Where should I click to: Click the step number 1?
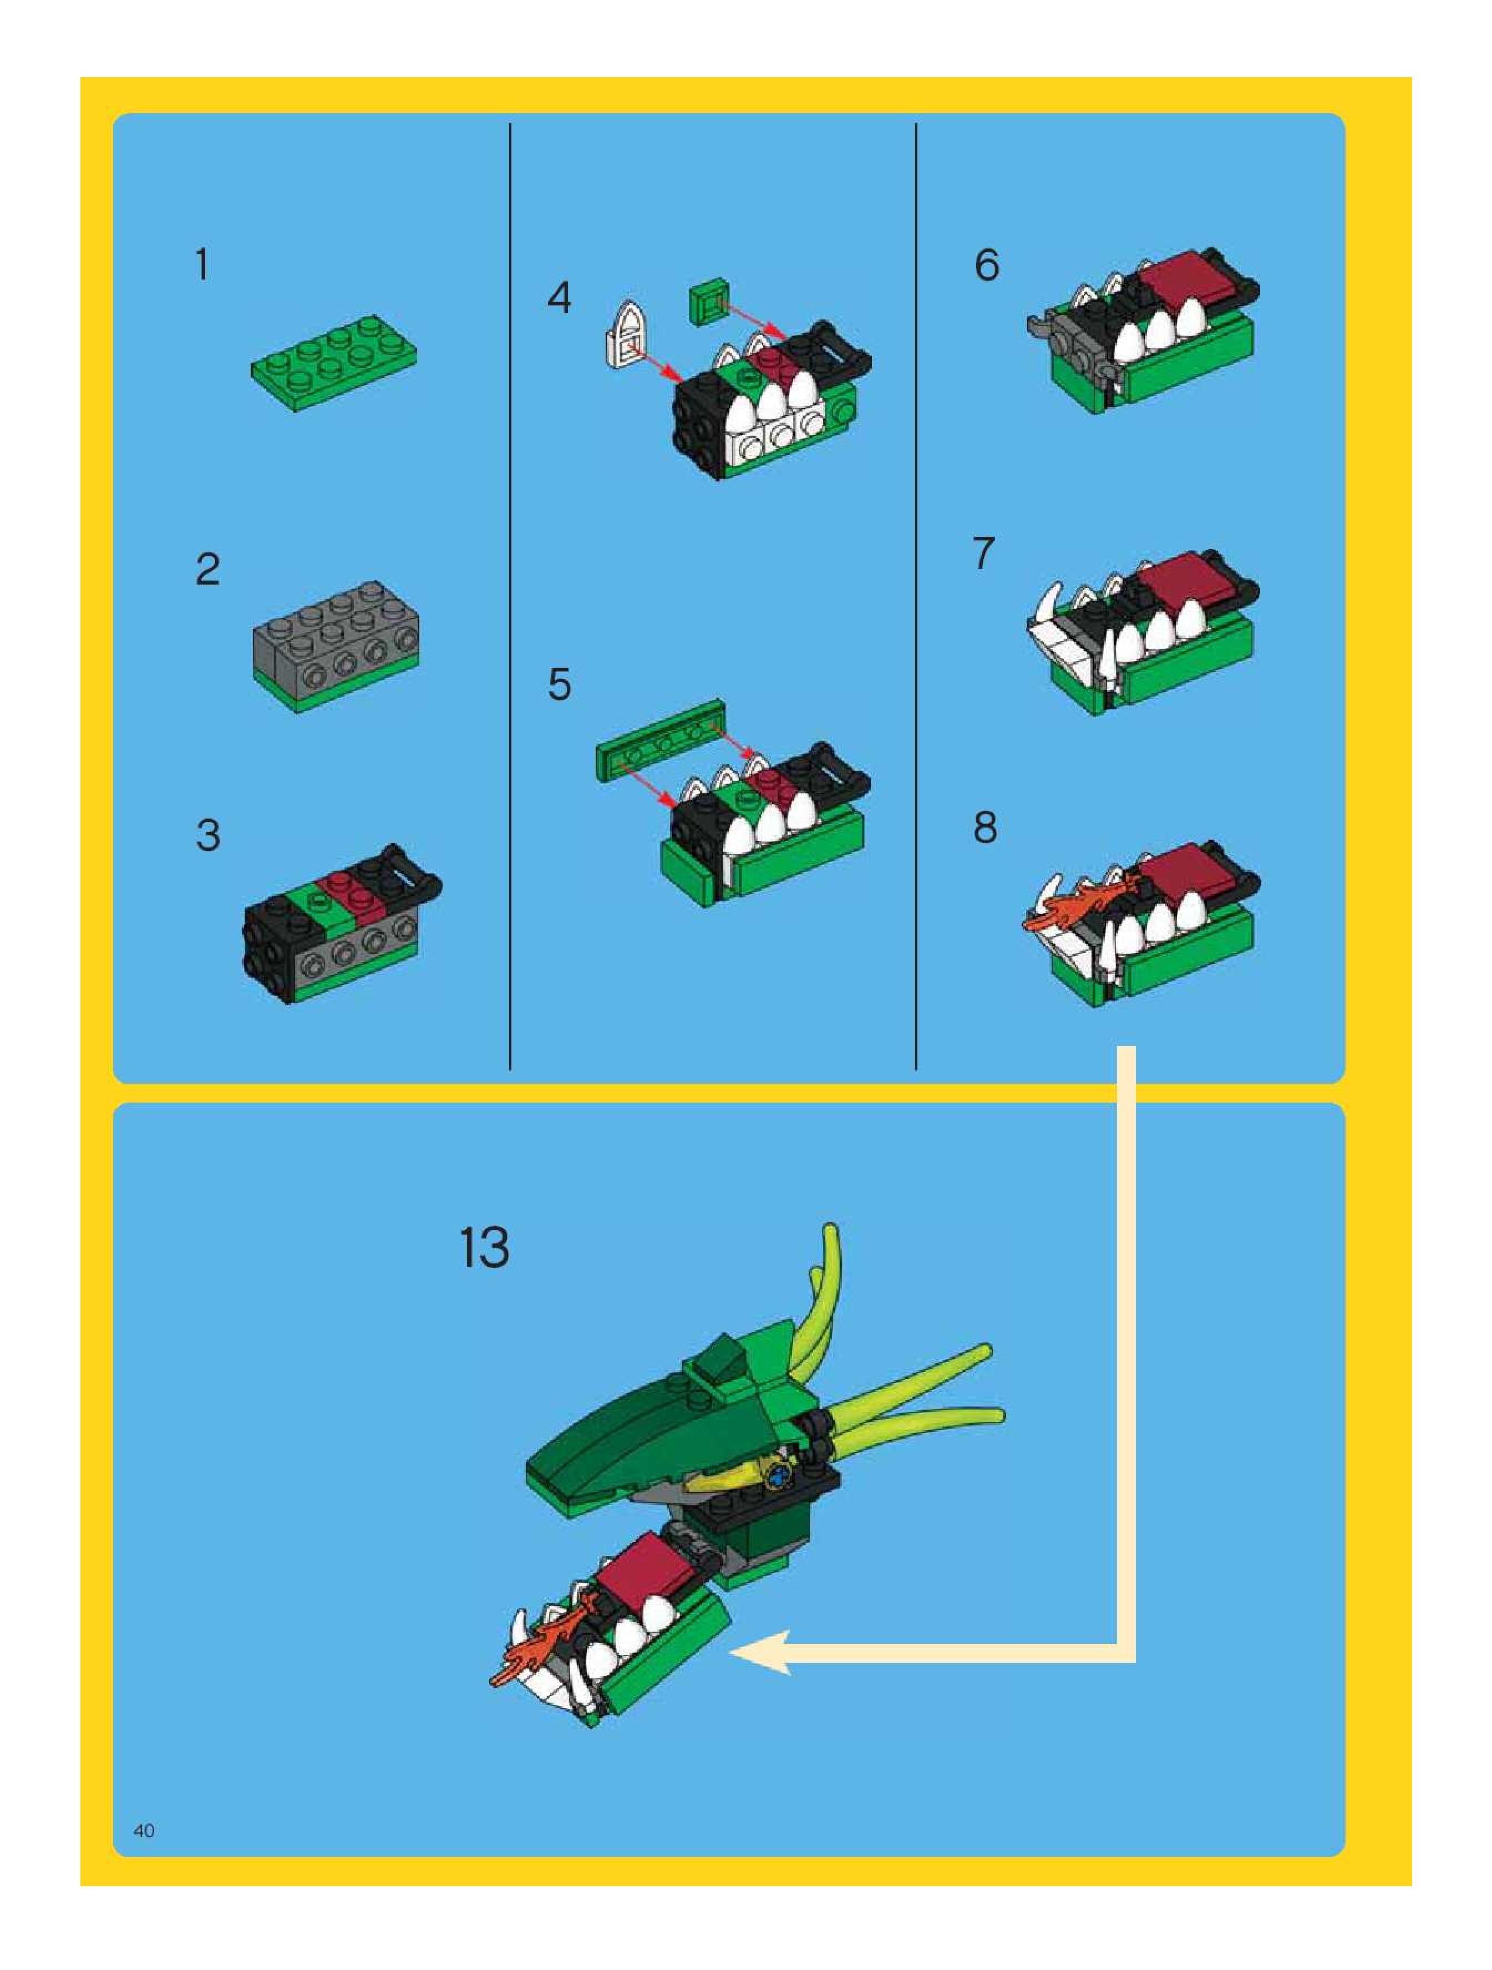point(203,266)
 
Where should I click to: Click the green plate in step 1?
point(335,354)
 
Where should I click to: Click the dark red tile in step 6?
point(1186,284)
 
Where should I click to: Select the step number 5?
point(560,684)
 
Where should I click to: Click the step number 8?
point(985,827)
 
